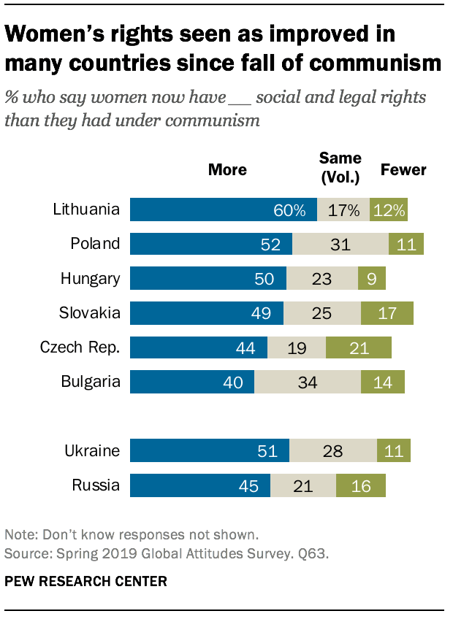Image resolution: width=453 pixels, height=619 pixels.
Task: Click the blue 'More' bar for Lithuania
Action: tap(223, 209)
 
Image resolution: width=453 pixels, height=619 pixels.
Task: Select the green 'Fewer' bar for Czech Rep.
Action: tap(358, 348)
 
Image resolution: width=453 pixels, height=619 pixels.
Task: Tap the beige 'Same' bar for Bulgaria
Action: tap(307, 382)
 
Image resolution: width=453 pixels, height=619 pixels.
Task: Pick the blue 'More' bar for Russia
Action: tap(199, 485)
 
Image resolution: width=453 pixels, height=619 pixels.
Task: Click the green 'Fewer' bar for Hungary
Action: tap(371, 278)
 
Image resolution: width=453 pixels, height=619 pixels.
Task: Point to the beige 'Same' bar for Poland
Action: tap(340, 244)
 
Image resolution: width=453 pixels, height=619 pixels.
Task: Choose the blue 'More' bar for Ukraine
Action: tap(209, 451)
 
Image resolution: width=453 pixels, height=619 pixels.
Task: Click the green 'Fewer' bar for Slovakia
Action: tap(387, 313)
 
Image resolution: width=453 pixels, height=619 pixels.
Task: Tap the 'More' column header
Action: tap(227, 170)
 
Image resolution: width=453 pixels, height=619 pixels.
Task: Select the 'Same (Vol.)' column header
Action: tap(340, 167)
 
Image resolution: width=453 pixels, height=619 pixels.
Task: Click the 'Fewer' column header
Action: tap(403, 170)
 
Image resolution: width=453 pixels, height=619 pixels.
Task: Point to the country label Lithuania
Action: tap(86, 209)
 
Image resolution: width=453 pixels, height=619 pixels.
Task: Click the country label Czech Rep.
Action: tap(80, 348)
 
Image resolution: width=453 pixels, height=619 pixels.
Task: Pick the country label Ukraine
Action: tap(91, 451)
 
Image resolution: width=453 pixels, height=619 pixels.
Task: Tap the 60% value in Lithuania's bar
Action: tap(290, 210)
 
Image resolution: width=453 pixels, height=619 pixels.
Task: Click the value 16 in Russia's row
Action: tap(361, 486)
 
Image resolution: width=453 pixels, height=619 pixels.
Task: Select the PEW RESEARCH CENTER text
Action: tap(85, 582)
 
